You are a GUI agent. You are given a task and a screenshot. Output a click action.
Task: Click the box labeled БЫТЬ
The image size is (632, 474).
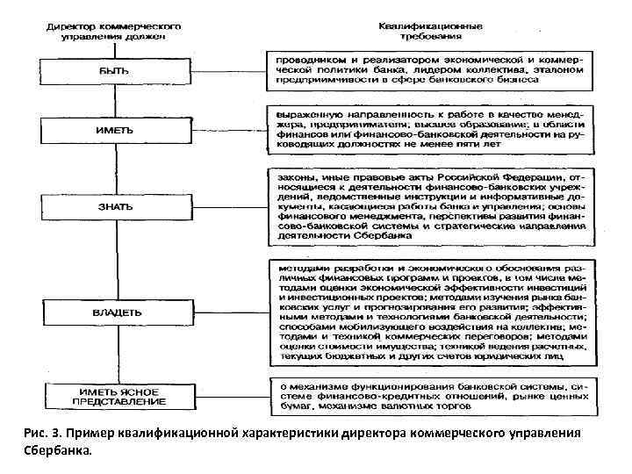[x=114, y=68]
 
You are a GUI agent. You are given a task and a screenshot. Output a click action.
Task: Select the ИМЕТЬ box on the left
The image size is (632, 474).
[x=114, y=130]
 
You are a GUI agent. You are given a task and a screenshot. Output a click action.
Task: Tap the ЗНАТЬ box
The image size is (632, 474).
[x=114, y=206]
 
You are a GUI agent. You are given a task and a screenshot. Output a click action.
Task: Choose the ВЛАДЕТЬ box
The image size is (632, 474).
[x=114, y=312]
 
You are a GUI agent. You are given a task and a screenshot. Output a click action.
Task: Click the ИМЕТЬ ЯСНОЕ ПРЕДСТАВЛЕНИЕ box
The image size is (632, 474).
[x=114, y=396]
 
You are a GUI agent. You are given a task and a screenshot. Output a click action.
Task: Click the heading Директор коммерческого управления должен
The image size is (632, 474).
[x=114, y=32]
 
